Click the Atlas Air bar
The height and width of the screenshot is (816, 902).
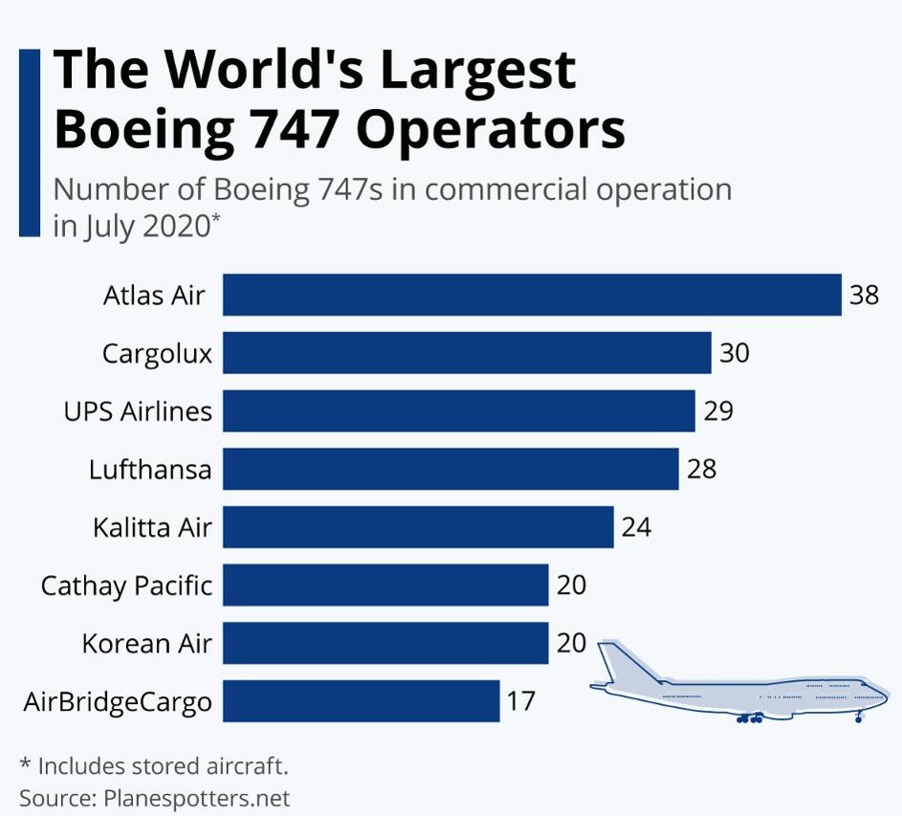pyautogui.click(x=532, y=295)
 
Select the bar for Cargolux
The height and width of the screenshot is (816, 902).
pyautogui.click(x=467, y=353)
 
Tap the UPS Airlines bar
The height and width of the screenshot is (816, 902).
pyautogui.click(x=459, y=411)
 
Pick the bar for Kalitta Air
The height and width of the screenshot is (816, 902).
pyautogui.click(x=418, y=527)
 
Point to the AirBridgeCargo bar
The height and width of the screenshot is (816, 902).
pyautogui.click(x=362, y=701)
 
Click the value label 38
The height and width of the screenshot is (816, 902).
pyautogui.click(x=864, y=295)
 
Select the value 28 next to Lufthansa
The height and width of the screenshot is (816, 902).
pyautogui.click(x=700, y=469)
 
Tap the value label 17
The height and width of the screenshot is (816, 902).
pyautogui.click(x=520, y=701)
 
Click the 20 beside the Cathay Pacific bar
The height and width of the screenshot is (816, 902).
pyautogui.click(x=570, y=584)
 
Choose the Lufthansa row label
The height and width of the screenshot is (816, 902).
pyautogui.click(x=150, y=470)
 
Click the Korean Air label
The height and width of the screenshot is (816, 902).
pyautogui.click(x=146, y=643)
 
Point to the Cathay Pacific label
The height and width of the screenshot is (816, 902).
pyautogui.click(x=126, y=584)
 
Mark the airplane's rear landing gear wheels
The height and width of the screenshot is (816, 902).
pyautogui.click(x=749, y=717)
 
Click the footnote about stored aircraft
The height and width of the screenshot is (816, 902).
pyautogui.click(x=154, y=765)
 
